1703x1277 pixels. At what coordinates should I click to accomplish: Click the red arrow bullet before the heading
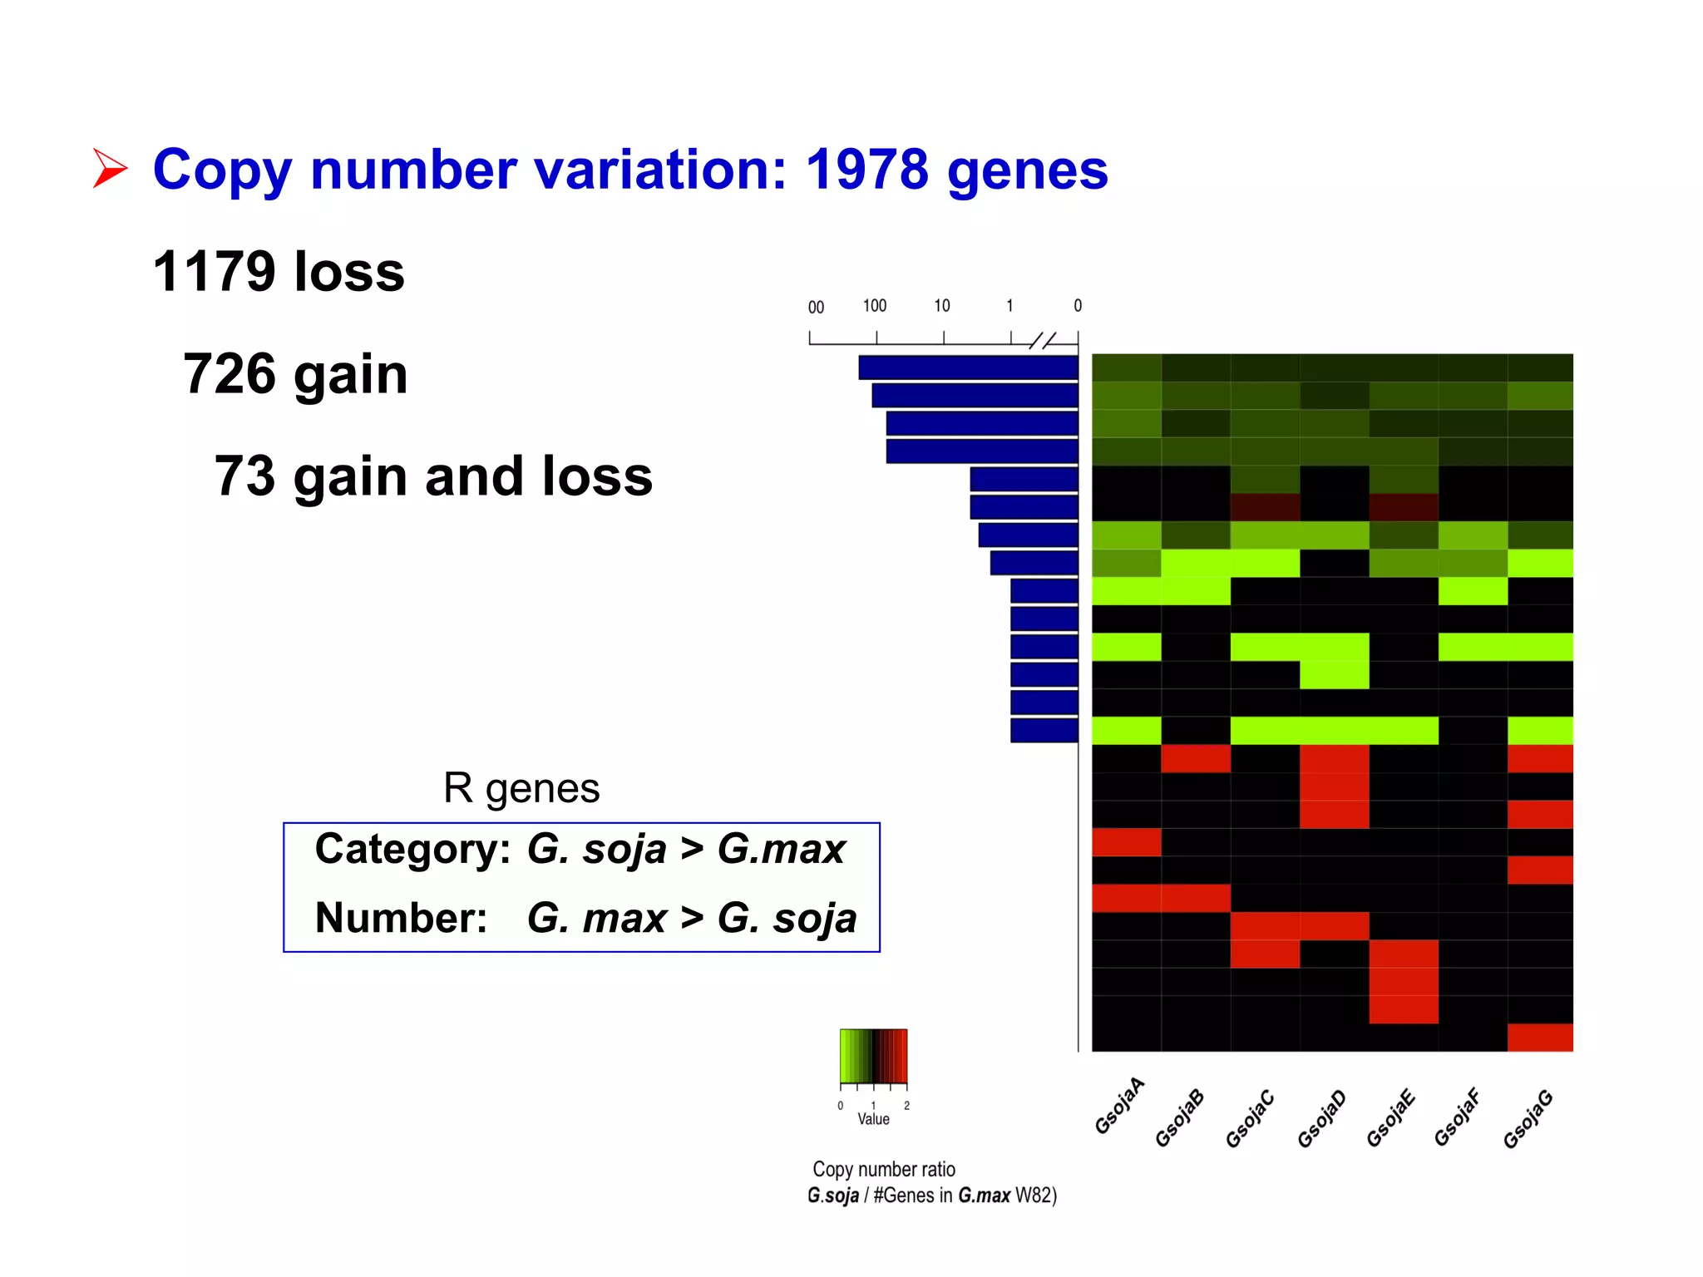(x=110, y=169)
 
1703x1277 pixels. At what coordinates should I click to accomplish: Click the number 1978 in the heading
(x=866, y=170)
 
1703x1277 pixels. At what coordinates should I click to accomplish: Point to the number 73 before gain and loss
(x=244, y=476)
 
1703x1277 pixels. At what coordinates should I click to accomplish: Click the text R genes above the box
(x=521, y=787)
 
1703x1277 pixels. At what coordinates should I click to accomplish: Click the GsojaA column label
(x=1119, y=1107)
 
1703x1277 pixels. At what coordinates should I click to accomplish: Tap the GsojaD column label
(x=1321, y=1119)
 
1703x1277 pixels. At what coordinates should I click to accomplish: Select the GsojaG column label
(x=1528, y=1119)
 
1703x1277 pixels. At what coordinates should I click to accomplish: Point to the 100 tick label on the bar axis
(x=875, y=306)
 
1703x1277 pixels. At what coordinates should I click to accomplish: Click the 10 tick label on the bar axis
(x=942, y=306)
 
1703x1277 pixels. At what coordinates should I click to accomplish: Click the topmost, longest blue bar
(x=968, y=367)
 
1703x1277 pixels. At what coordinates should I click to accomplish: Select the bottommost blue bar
(x=1044, y=731)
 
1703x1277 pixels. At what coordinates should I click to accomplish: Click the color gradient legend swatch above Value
(x=873, y=1056)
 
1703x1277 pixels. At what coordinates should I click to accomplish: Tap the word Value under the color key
(x=873, y=1120)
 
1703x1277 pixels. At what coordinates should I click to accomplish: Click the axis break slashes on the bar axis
(x=1042, y=340)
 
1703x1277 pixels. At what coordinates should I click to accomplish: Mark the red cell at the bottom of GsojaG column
(x=1540, y=1038)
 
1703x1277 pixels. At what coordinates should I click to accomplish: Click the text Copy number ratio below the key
(x=884, y=1170)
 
